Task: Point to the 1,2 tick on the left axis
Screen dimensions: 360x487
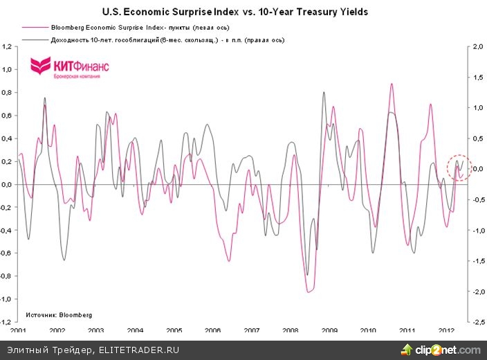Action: tap(8, 47)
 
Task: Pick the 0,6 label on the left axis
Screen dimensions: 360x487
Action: tap(8, 116)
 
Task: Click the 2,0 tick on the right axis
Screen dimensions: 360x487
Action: tap(476, 47)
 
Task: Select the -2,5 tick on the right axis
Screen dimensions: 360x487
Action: tap(476, 322)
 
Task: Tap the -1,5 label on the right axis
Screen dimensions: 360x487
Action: tap(476, 261)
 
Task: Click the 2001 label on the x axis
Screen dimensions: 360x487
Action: tap(19, 332)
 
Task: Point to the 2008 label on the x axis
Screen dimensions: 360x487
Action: tap(291, 332)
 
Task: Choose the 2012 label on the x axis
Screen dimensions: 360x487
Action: tap(447, 332)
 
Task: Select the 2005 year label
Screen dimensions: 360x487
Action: tap(174, 332)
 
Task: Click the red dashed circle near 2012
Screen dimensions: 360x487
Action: tap(458, 168)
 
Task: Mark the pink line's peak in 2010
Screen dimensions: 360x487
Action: tap(392, 84)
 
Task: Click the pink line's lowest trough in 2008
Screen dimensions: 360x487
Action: tap(309, 292)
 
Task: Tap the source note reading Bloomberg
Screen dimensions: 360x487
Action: tap(59, 314)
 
